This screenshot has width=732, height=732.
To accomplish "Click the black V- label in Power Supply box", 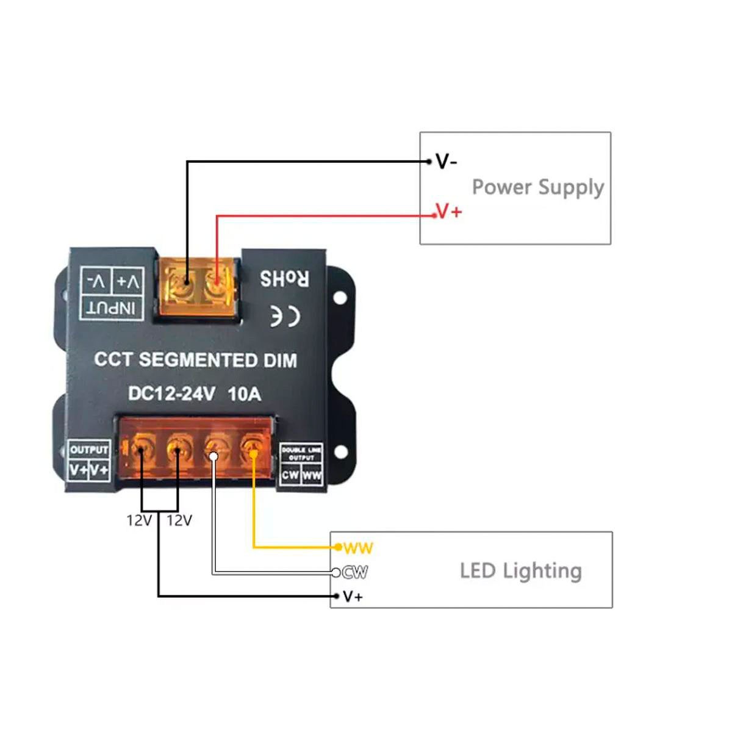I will click(x=447, y=162).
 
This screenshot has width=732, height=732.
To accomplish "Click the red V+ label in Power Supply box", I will click(x=449, y=212).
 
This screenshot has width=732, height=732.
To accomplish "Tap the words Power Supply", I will click(x=537, y=187).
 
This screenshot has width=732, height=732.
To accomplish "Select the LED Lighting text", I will click(x=520, y=571).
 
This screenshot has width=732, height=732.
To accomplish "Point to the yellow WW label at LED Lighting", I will click(x=357, y=548).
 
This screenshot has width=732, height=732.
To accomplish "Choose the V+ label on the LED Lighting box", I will click(x=353, y=597).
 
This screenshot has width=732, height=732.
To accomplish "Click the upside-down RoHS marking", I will click(x=284, y=279).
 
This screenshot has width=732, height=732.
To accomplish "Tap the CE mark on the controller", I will click(x=285, y=316).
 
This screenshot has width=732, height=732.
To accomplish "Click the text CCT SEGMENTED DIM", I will click(x=195, y=360).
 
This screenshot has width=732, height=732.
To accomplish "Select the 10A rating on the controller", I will click(x=244, y=394).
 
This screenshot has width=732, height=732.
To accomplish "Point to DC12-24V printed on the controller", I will click(x=171, y=394).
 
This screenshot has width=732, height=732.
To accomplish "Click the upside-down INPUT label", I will click(x=112, y=307).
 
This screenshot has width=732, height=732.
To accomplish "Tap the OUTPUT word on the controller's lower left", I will click(x=89, y=450).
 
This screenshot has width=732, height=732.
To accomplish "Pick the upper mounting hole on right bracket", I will click(x=340, y=298).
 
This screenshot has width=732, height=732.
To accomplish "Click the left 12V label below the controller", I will click(x=139, y=520).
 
